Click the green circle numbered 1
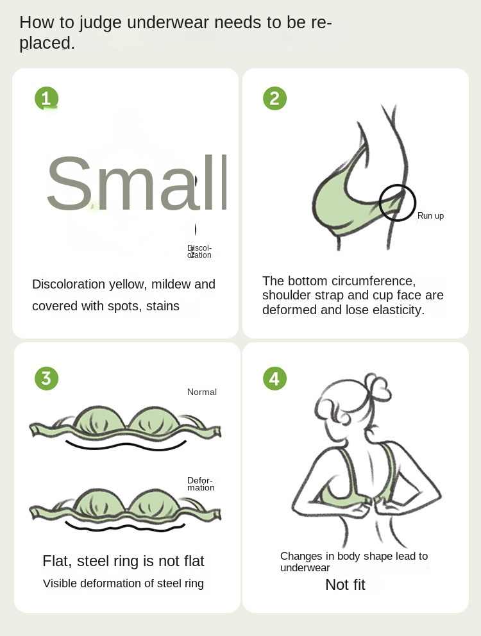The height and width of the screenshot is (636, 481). [47, 99]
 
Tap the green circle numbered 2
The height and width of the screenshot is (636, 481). [274, 99]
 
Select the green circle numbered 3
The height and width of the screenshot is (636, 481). [47, 378]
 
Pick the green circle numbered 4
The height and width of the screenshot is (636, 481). [274, 378]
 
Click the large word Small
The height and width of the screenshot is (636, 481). [137, 183]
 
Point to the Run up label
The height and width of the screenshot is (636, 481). [431, 216]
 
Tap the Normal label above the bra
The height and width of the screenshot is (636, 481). [202, 392]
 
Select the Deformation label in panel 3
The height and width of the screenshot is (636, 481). [201, 484]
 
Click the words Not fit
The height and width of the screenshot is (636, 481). [345, 585]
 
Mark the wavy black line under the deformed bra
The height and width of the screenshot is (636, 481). [125, 527]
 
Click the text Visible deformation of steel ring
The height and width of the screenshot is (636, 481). [123, 583]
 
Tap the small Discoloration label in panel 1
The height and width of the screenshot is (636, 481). [199, 251]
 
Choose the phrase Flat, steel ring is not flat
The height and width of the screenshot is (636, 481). [123, 561]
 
